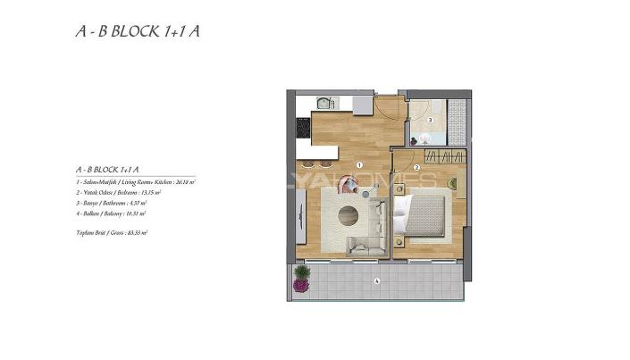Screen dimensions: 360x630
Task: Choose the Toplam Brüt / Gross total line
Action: tap(113, 231)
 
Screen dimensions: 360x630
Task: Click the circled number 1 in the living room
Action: tap(358, 164)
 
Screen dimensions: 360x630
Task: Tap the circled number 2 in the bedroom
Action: tap(417, 166)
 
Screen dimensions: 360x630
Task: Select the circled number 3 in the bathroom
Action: tap(430, 119)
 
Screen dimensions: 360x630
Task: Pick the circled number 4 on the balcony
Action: tap(377, 281)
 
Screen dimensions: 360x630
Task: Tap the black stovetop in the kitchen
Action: tap(301, 131)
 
